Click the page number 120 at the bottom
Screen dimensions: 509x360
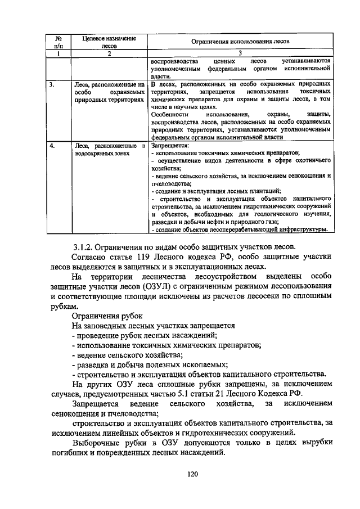tap(193, 474)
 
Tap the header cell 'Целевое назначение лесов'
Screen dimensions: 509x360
tap(109, 42)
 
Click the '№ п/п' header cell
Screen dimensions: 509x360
tap(58, 42)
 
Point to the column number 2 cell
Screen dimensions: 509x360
tap(109, 53)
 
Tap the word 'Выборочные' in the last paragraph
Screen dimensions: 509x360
tap(100, 443)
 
